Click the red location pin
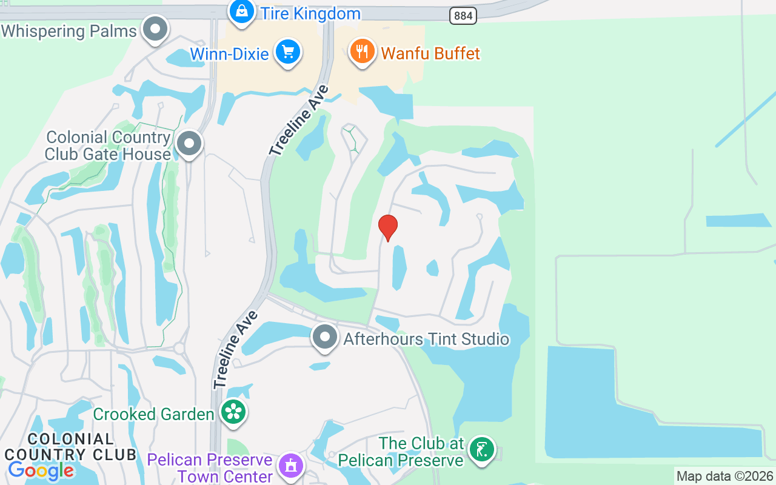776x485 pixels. (x=388, y=227)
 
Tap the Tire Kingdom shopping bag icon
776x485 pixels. (x=242, y=11)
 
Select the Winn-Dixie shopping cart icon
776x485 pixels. (x=288, y=52)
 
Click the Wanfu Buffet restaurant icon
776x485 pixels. (x=363, y=52)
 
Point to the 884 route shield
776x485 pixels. (x=463, y=16)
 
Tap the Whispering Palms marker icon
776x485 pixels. (x=155, y=28)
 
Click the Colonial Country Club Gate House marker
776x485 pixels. (x=189, y=144)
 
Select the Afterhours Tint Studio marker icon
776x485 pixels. (x=324, y=337)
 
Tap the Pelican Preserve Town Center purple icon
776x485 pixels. (x=291, y=466)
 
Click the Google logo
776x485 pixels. (x=41, y=470)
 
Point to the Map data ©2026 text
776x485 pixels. (x=725, y=477)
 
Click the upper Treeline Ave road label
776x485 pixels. (x=299, y=120)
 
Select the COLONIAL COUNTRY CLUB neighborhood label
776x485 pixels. (x=70, y=446)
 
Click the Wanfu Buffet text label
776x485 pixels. (x=430, y=54)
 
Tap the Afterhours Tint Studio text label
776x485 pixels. (x=426, y=338)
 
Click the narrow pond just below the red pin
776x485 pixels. (x=399, y=267)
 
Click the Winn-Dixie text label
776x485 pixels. (x=229, y=54)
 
